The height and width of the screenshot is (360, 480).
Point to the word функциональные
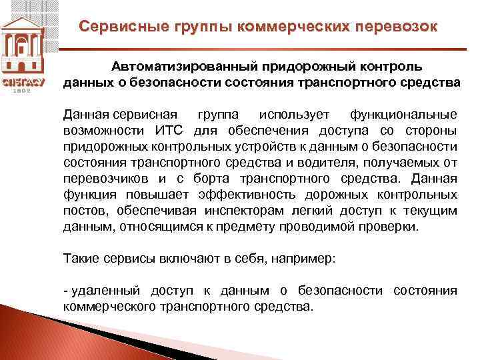404,113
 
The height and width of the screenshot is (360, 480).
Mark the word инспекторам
256,211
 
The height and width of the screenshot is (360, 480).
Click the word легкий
322,211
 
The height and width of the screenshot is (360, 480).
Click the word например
310,259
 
